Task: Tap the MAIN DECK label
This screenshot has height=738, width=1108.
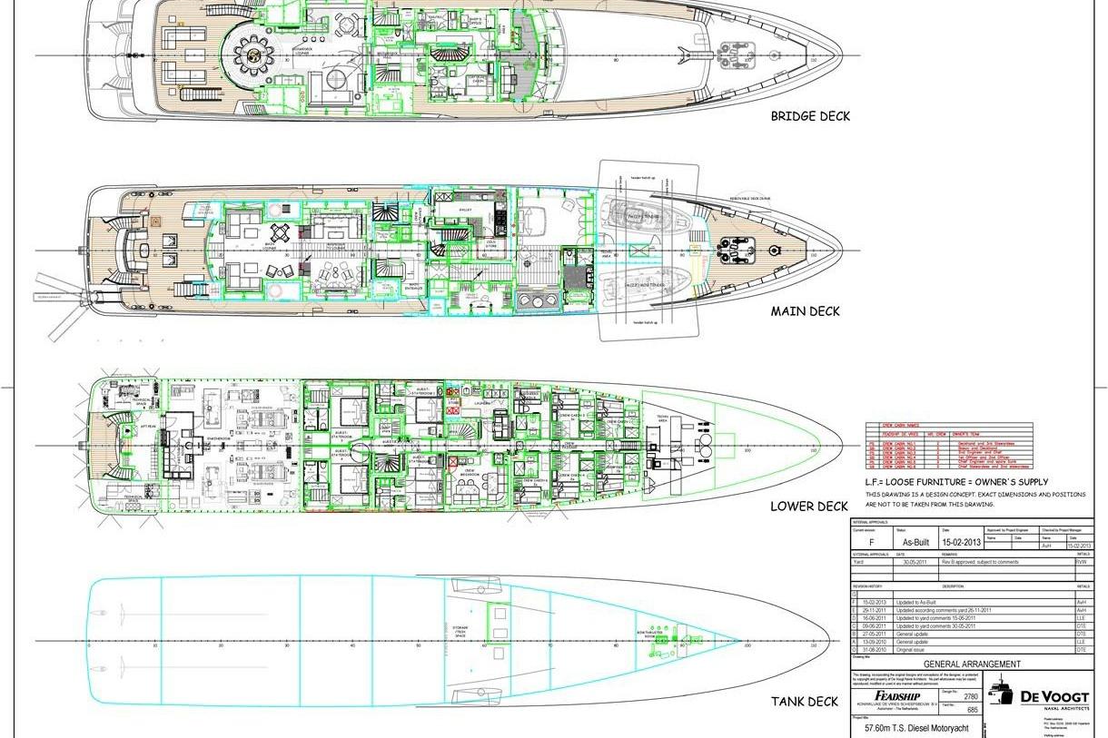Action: tap(805, 311)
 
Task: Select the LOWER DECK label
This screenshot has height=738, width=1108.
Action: tap(809, 506)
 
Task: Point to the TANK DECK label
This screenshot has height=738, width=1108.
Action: tap(805, 701)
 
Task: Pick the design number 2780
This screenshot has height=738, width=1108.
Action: tap(971, 696)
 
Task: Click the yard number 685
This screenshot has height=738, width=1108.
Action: tap(971, 709)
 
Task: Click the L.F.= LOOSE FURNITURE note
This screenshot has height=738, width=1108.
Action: tap(956, 482)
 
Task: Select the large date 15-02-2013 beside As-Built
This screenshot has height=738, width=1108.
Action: tap(963, 542)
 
